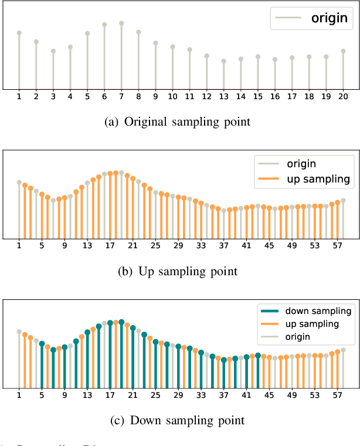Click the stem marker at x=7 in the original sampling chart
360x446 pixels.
[x=121, y=23]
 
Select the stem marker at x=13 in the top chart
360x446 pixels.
[x=223, y=61]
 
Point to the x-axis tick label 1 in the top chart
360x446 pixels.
[x=19, y=96]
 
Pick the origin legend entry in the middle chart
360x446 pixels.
[x=301, y=163]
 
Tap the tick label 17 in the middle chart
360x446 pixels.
[x=110, y=245]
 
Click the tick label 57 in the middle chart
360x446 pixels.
[x=337, y=245]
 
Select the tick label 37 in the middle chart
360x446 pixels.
[x=223, y=245]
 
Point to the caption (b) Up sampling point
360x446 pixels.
[x=181, y=271]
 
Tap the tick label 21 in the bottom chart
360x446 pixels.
[x=133, y=394]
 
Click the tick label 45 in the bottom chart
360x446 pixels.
[x=269, y=394]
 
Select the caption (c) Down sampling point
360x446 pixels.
[x=181, y=420]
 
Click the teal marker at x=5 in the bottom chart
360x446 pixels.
[x=42, y=344]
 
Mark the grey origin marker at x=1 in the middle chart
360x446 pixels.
[x=19, y=183]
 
